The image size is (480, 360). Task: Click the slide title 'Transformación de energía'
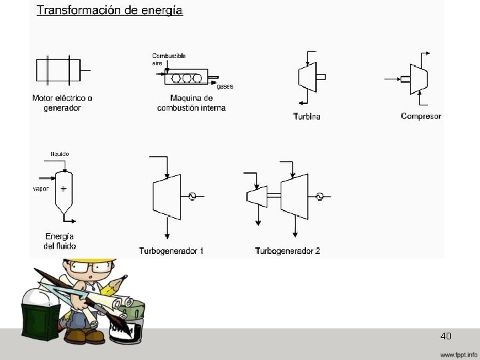click(x=110, y=11)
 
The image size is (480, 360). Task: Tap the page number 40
click(x=446, y=335)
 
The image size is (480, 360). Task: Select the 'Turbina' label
click(x=307, y=117)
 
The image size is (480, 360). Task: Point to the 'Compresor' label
click(x=421, y=116)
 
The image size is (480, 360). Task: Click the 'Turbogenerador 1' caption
click(x=171, y=251)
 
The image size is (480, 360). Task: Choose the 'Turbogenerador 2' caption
click(x=287, y=251)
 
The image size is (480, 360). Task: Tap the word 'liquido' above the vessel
click(x=60, y=154)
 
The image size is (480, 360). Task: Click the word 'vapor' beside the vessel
click(x=41, y=189)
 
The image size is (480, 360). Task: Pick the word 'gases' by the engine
click(x=225, y=86)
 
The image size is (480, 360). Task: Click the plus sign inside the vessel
click(x=63, y=189)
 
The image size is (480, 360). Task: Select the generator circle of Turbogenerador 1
click(x=192, y=196)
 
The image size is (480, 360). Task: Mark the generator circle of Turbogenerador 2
click(x=320, y=196)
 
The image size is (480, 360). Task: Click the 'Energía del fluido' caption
click(x=59, y=241)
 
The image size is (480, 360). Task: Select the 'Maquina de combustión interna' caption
click(x=192, y=103)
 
